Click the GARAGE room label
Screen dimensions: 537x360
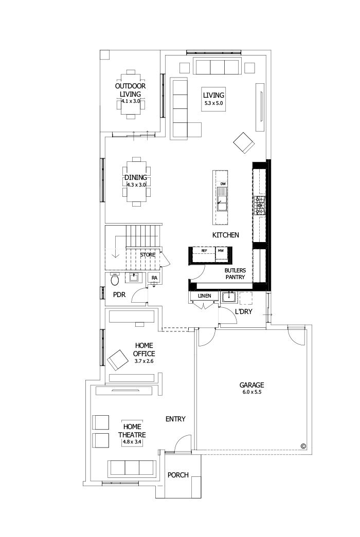(x=251, y=384)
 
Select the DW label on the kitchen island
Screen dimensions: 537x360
(x=223, y=183)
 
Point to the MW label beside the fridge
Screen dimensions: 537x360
(x=221, y=251)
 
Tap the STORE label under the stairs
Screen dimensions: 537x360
(x=148, y=254)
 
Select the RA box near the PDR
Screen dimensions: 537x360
(x=154, y=278)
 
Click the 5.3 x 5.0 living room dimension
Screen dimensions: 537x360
(x=214, y=104)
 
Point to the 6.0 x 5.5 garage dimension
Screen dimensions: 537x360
(x=251, y=392)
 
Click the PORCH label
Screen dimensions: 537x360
(x=178, y=475)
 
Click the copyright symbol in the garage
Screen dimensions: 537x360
(x=303, y=446)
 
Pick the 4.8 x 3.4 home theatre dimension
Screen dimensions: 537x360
(x=132, y=441)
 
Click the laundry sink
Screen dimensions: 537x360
(x=228, y=297)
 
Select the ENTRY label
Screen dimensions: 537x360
(x=175, y=419)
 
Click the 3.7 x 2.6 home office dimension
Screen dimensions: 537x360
(x=144, y=361)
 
